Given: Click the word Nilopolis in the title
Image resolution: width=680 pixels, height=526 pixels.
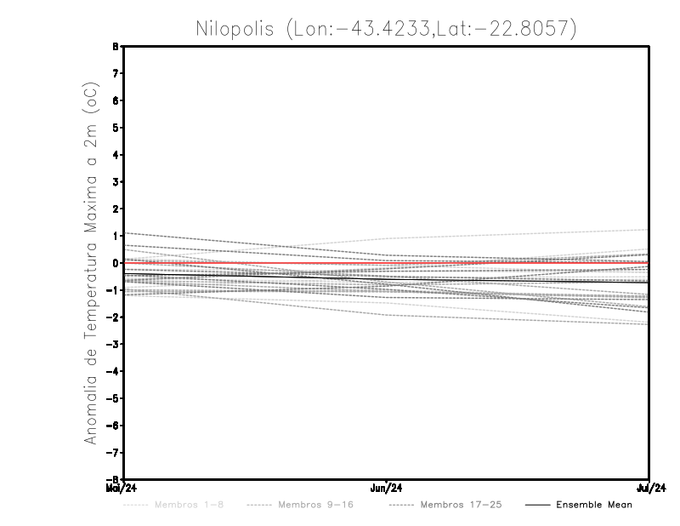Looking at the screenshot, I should pyautogui.click(x=239, y=28).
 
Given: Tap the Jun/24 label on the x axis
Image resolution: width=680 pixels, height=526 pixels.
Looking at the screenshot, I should pyautogui.click(x=387, y=489).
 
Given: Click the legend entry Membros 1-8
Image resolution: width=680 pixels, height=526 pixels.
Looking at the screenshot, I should pyautogui.click(x=189, y=505).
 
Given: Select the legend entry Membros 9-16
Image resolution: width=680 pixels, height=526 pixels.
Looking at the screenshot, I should pyautogui.click(x=315, y=505).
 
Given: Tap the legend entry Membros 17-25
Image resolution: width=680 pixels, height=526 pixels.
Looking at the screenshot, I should pyautogui.click(x=461, y=505).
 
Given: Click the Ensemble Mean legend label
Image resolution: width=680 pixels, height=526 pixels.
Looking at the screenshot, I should pyautogui.click(x=594, y=505).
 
